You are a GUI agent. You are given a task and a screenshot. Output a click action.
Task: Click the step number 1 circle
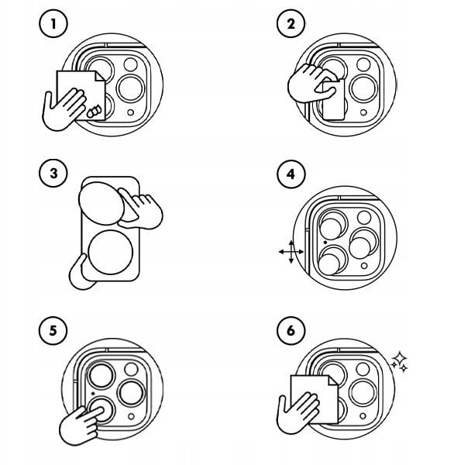pyautogui.click(x=53, y=24)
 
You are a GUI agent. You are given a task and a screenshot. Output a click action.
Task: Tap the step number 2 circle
pyautogui.click(x=291, y=24)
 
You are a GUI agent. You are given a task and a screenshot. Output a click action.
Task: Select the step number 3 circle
pyautogui.click(x=53, y=173)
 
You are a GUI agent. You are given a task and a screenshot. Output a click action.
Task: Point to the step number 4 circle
pyautogui.click(x=291, y=174)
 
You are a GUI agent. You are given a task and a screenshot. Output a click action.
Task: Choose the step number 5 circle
pyautogui.click(x=53, y=330)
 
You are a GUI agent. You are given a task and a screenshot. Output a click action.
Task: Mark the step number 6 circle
pyautogui.click(x=291, y=330)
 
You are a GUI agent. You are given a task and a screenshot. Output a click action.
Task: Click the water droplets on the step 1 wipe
pyautogui.click(x=94, y=111)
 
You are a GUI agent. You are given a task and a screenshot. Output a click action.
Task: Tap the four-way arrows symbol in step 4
pyautogui.click(x=291, y=252)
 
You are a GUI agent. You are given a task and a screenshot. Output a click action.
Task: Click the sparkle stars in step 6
pyautogui.click(x=400, y=361)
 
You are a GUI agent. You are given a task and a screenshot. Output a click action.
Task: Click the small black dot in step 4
pyautogui.click(x=325, y=243)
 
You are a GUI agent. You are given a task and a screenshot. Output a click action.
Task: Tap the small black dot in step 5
pyautogui.click(x=93, y=394)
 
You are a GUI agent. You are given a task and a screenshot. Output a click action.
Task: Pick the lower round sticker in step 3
pyautogui.click(x=110, y=252)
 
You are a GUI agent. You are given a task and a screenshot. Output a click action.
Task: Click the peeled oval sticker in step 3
pyautogui.click(x=101, y=203)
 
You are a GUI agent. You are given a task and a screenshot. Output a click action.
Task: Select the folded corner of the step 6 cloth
pyautogui.click(x=332, y=381)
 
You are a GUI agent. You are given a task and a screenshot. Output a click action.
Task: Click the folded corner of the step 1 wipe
pyautogui.click(x=100, y=76)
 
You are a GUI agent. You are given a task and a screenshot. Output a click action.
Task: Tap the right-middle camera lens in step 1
pyautogui.click(x=131, y=88)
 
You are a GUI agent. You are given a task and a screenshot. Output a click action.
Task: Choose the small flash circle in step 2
pyautogui.click(x=363, y=112)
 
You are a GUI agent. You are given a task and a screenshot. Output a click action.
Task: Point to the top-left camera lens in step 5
pyautogui.click(x=101, y=375)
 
